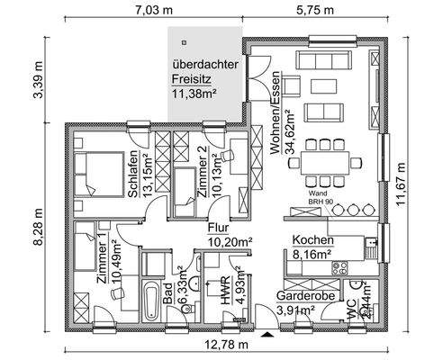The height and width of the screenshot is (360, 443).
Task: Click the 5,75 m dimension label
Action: pyautogui.click(x=316, y=11)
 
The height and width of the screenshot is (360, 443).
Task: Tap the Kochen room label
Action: pyautogui.click(x=312, y=241)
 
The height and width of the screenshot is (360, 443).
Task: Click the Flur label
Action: pyautogui.click(x=220, y=229)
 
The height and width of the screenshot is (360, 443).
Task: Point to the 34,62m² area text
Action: pyautogui.click(x=291, y=130)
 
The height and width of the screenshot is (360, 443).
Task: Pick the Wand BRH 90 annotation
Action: pyautogui.click(x=317, y=198)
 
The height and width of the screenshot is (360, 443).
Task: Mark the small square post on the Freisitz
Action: pyautogui.click(x=182, y=40)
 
